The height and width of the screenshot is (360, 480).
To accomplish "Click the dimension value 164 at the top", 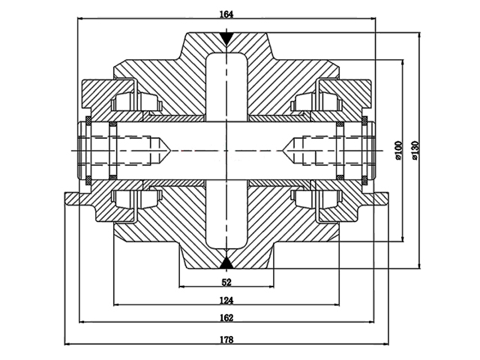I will point(226,13).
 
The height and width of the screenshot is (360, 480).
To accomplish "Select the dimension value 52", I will point(226,282).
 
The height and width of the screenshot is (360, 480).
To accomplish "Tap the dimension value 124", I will point(226,300).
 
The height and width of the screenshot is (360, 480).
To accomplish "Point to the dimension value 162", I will point(226,318).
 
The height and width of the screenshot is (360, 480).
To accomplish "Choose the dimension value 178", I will point(226,339).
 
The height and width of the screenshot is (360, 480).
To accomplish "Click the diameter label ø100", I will point(398,150).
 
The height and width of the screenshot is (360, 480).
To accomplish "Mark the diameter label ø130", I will point(414,150).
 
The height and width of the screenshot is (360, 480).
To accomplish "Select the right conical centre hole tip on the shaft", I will point(286,151).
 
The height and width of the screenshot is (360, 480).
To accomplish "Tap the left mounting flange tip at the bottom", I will point(68,198).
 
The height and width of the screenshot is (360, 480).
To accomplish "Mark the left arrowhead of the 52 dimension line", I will point(181,287).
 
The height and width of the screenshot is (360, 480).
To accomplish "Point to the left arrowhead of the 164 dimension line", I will point(80,19).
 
